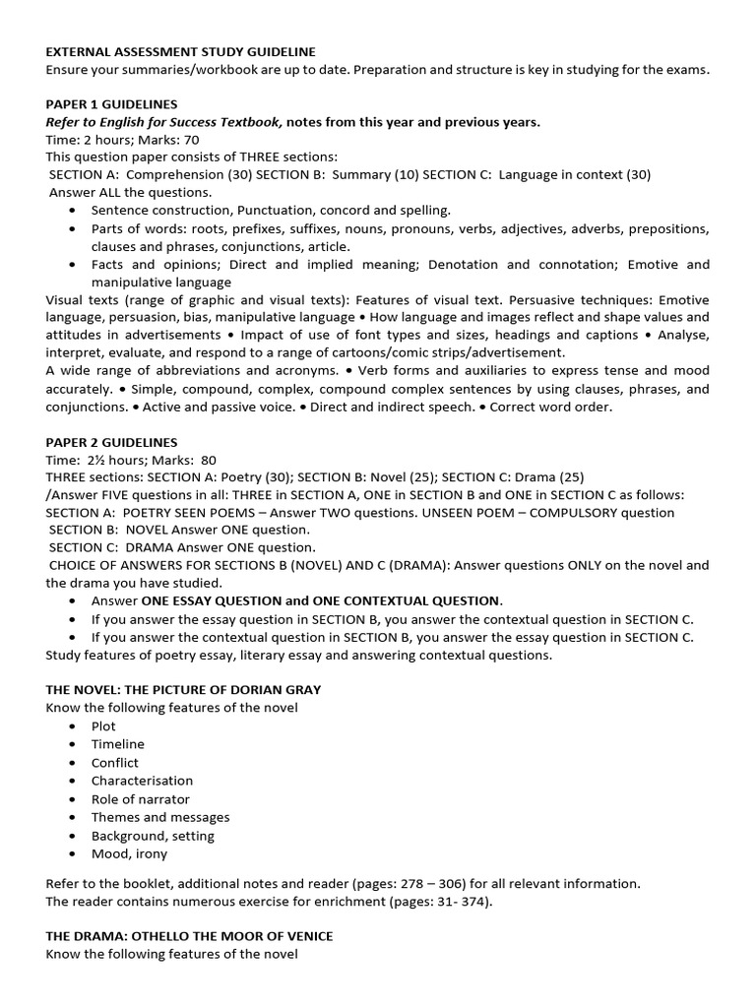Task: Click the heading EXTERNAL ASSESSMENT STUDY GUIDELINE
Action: (x=181, y=50)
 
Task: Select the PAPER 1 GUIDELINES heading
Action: (x=111, y=104)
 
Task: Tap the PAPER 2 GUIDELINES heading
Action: (x=111, y=442)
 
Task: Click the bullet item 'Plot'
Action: (x=103, y=725)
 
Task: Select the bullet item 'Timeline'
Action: (x=117, y=744)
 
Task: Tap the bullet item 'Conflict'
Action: (x=115, y=762)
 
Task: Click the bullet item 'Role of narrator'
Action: (x=141, y=798)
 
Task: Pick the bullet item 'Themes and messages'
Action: (x=160, y=817)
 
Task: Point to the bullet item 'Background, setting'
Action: (x=153, y=836)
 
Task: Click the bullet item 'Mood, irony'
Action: (x=129, y=853)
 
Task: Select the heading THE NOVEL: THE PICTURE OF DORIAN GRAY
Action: (x=183, y=689)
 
